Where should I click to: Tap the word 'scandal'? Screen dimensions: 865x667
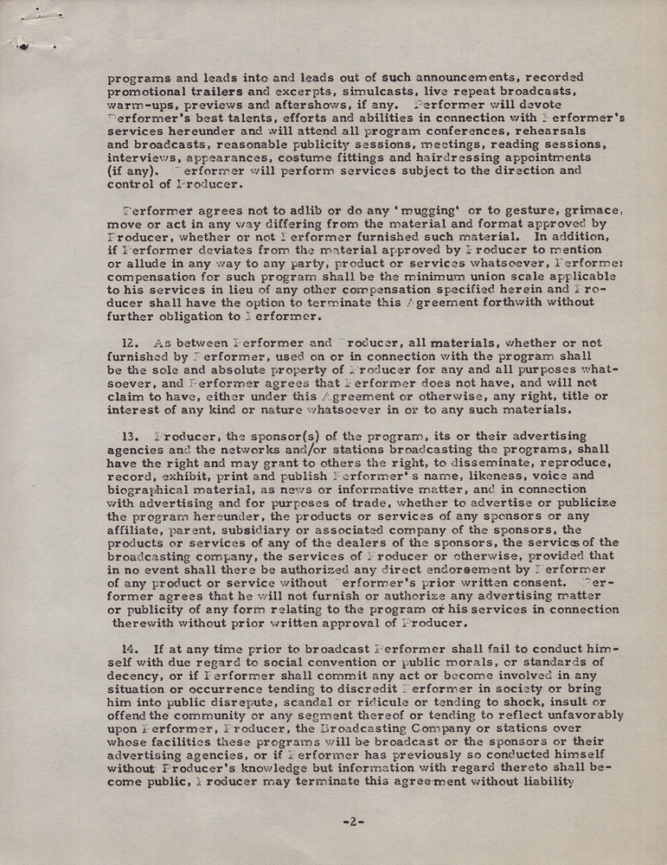coord(314,703)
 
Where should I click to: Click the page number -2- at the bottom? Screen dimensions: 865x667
coord(353,822)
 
